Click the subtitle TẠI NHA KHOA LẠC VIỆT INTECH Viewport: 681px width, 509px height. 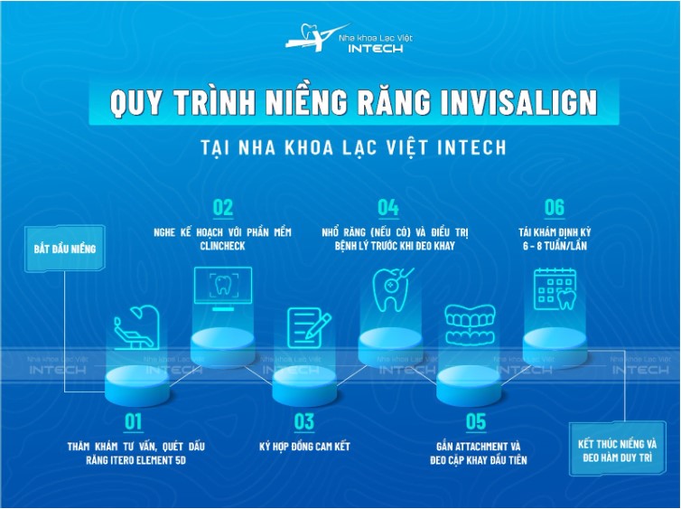340,146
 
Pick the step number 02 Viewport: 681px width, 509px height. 222,207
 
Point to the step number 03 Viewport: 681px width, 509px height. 303,420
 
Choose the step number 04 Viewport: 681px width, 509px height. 388,207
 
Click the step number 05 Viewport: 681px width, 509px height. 475,420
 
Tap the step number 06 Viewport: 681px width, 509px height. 554,207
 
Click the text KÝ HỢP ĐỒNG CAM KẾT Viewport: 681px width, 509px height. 304,447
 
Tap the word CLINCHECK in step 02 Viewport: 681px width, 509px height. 222,246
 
